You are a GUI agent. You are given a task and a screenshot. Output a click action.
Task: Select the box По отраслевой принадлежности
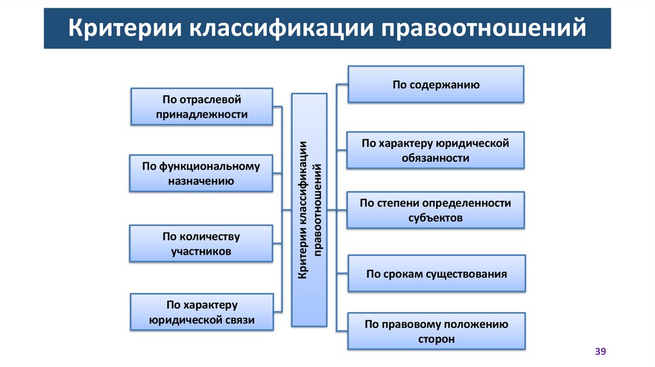(x=201, y=106)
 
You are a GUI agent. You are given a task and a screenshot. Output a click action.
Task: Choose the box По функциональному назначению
(x=201, y=173)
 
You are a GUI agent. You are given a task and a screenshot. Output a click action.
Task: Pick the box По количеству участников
(x=201, y=244)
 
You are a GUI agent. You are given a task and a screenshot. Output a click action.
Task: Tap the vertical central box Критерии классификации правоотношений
(x=310, y=210)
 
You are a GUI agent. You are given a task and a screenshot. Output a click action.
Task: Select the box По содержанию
(x=436, y=84)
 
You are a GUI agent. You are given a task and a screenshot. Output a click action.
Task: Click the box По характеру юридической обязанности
(x=436, y=150)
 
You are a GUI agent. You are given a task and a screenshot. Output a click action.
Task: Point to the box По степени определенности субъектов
(x=436, y=210)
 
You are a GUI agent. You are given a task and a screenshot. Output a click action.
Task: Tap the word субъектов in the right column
(x=435, y=217)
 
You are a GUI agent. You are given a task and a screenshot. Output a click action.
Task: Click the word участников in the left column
(x=201, y=251)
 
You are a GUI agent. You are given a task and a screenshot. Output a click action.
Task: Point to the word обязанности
(x=435, y=158)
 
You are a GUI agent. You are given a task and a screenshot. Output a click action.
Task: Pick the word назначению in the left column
(x=201, y=181)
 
